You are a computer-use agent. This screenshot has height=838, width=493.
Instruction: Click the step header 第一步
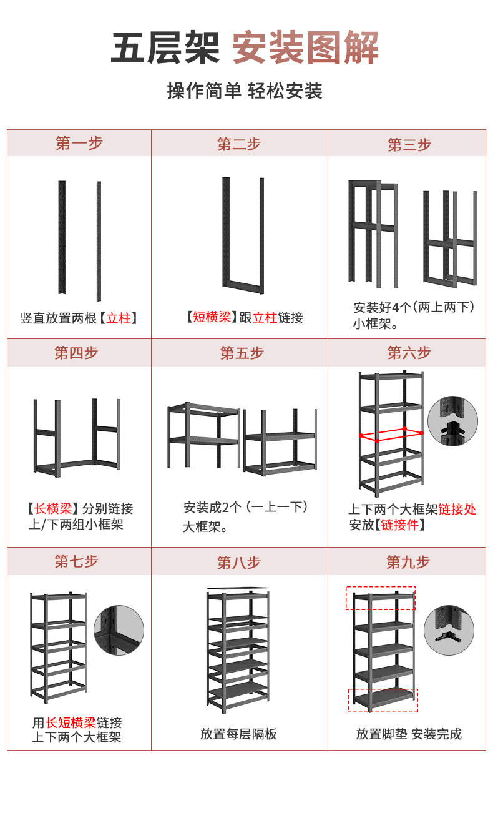79,143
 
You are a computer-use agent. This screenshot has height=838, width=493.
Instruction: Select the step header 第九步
408,562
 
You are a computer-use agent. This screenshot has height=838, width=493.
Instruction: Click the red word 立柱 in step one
119,318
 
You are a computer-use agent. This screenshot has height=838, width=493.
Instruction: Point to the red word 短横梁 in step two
212,317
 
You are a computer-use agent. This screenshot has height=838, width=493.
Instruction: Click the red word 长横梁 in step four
53,509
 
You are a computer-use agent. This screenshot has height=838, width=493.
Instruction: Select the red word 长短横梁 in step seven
71,723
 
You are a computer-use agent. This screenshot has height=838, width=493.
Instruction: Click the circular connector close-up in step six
452,421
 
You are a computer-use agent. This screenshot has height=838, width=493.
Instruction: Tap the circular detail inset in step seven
119,630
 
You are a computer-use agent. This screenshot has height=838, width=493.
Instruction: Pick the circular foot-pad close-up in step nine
449,629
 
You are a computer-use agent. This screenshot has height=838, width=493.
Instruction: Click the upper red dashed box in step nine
381,598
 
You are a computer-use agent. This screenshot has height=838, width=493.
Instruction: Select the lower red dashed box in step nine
383,700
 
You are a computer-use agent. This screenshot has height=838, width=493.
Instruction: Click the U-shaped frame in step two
243,236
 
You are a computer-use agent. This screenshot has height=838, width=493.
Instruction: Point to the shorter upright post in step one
62,237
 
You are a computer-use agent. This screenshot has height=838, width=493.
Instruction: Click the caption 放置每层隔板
238,734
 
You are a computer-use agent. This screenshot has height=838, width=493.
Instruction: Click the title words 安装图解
305,48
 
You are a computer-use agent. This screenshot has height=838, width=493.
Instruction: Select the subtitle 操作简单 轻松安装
245,91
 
